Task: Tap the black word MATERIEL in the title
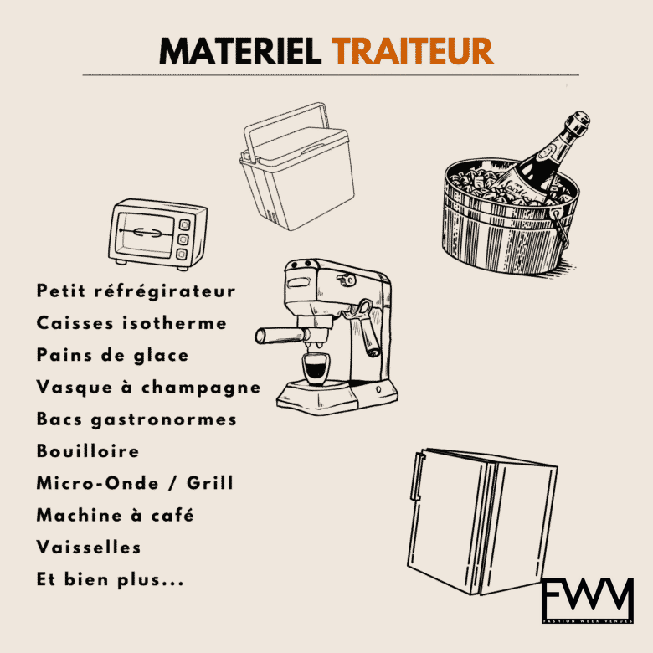click(x=240, y=51)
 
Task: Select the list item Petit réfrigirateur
click(x=136, y=291)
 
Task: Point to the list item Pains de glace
click(x=112, y=355)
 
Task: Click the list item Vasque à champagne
click(x=148, y=388)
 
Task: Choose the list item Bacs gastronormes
click(x=136, y=419)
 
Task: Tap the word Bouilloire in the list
click(x=87, y=451)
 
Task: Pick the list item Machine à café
click(x=115, y=515)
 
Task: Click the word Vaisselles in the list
click(x=88, y=548)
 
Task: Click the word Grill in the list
click(x=209, y=483)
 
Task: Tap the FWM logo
click(x=588, y=600)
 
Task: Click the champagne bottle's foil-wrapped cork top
click(x=577, y=122)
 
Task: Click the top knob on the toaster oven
click(x=184, y=225)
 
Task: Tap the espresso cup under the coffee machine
click(x=315, y=369)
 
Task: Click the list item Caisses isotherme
click(x=131, y=323)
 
